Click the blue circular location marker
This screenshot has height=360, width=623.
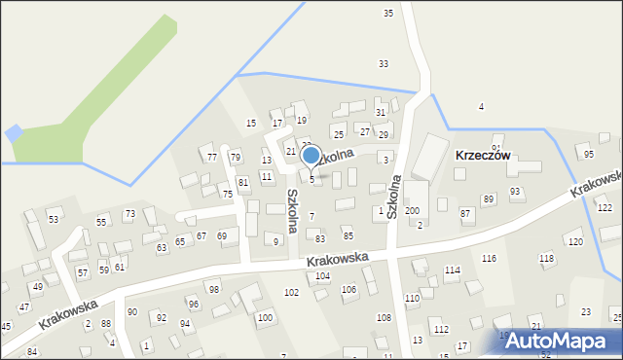[x=311, y=156]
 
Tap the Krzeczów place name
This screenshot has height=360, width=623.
[x=483, y=155]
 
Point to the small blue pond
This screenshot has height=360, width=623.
[x=14, y=132]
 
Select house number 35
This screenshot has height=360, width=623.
[x=388, y=13]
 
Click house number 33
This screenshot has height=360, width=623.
[x=384, y=63]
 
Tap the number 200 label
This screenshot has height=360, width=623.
[x=413, y=210]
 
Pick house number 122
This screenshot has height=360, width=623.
[x=604, y=208]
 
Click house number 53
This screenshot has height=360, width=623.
[x=54, y=220]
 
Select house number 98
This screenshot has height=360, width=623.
[x=214, y=290]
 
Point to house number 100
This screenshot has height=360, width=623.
[x=264, y=317]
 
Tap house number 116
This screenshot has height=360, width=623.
[x=489, y=258]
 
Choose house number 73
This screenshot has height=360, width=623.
[x=129, y=213]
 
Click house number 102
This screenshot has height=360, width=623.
[x=291, y=292]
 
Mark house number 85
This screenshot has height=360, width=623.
[x=348, y=235]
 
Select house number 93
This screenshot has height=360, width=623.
[x=515, y=192]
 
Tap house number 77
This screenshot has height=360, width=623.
[x=211, y=157]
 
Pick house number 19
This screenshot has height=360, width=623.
[x=302, y=120]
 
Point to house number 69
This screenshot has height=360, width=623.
[x=222, y=235]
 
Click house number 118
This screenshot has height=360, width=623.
[x=547, y=258]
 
